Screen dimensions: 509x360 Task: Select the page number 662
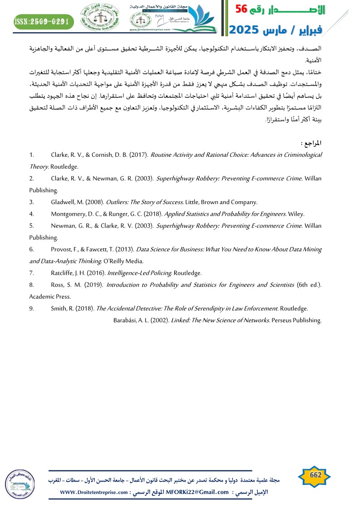pos(315,475)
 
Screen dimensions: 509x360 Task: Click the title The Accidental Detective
pos(130,308)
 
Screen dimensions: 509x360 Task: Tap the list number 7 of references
pos(32,273)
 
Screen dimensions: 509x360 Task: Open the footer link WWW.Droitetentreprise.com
pos(93,492)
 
